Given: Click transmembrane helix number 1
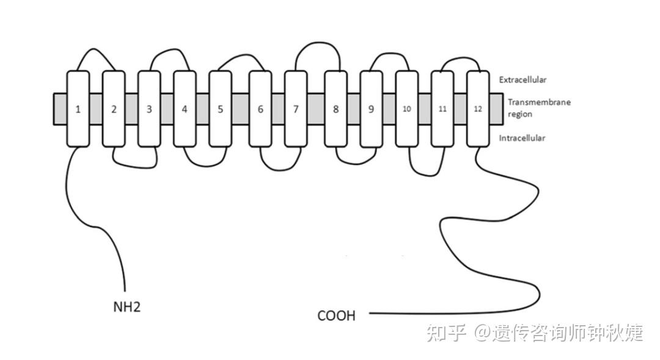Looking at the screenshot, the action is click(x=78, y=109).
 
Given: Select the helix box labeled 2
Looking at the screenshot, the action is click(x=114, y=109).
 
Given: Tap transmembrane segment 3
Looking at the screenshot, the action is click(x=149, y=109).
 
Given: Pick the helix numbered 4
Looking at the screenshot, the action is click(x=185, y=109).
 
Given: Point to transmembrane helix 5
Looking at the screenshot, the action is click(x=220, y=109).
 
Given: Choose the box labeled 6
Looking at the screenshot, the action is click(x=260, y=109).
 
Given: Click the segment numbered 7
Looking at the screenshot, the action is click(x=296, y=109).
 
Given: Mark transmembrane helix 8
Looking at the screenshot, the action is click(x=335, y=109).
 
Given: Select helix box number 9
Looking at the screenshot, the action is click(x=371, y=109).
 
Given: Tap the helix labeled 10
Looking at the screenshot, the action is click(x=406, y=109).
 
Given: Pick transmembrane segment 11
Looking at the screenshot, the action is click(x=442, y=109).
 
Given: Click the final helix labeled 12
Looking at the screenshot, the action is click(x=478, y=109).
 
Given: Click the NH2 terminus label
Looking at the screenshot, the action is click(x=127, y=307).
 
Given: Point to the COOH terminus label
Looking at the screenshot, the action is click(x=336, y=316).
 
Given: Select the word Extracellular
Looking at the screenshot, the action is click(x=522, y=80).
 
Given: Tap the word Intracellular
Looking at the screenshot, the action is click(x=522, y=138).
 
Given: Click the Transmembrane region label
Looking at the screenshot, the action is click(x=538, y=108).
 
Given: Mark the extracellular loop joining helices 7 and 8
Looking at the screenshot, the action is click(x=317, y=43).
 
